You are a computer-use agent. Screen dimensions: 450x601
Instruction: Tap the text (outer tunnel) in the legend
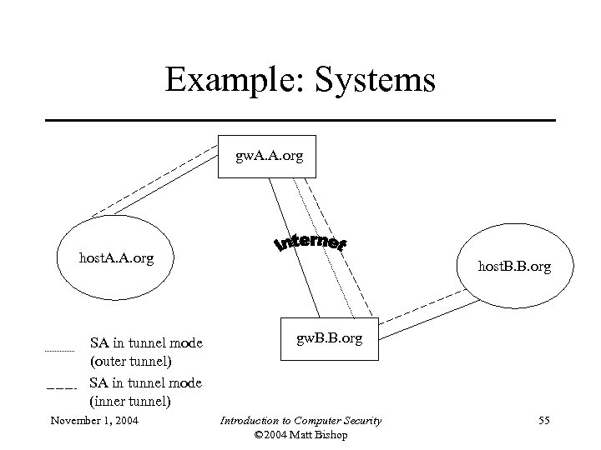coord(130,362)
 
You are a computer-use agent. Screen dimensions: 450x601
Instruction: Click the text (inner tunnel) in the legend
coord(130,401)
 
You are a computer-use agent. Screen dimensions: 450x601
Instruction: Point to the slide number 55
coord(544,420)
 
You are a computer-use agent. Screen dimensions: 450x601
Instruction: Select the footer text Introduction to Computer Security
coord(301,420)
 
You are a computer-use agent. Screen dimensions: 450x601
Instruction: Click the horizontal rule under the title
coord(300,121)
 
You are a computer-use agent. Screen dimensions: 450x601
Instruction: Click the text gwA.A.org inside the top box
coord(270,156)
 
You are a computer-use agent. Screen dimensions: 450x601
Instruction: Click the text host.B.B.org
coord(514,267)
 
